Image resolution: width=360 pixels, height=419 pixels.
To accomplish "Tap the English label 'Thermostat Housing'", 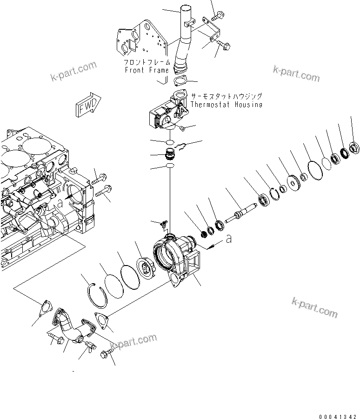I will click(226, 104).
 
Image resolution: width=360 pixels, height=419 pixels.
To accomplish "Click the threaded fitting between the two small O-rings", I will click(170, 153).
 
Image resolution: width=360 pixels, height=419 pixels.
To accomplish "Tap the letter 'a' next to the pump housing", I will click(228, 239).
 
